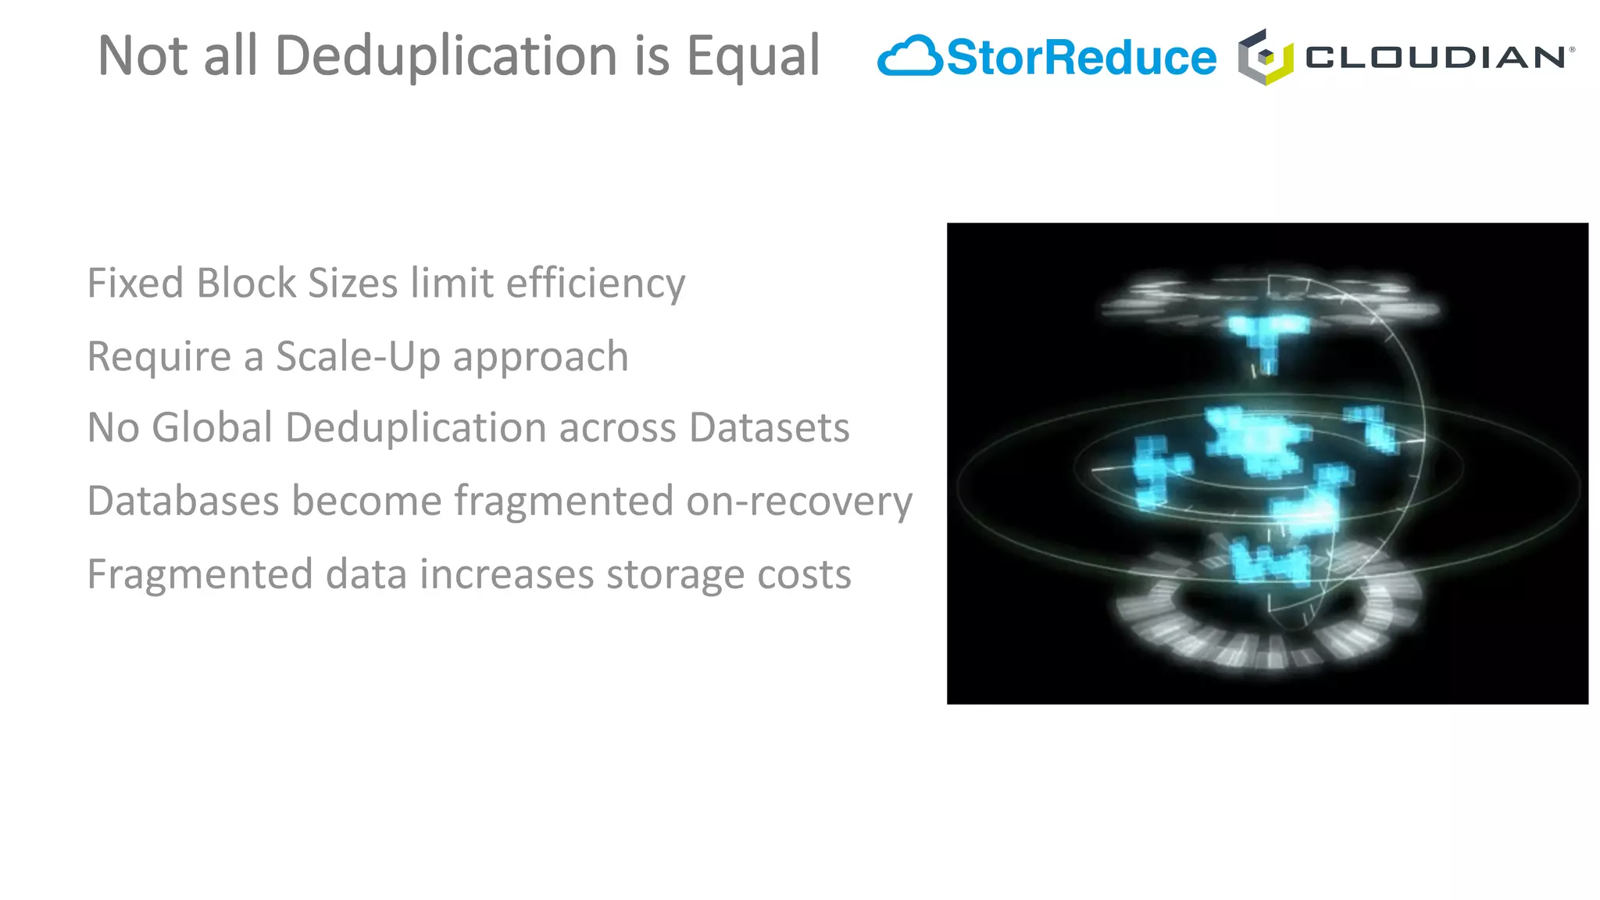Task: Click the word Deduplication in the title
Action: coord(446,56)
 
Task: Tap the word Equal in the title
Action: coord(752,56)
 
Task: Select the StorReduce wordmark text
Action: coord(1081,58)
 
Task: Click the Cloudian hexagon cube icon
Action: coord(1265,57)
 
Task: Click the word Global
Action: coord(212,428)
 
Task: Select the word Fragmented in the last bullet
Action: coord(199,575)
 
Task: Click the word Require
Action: coord(159,357)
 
